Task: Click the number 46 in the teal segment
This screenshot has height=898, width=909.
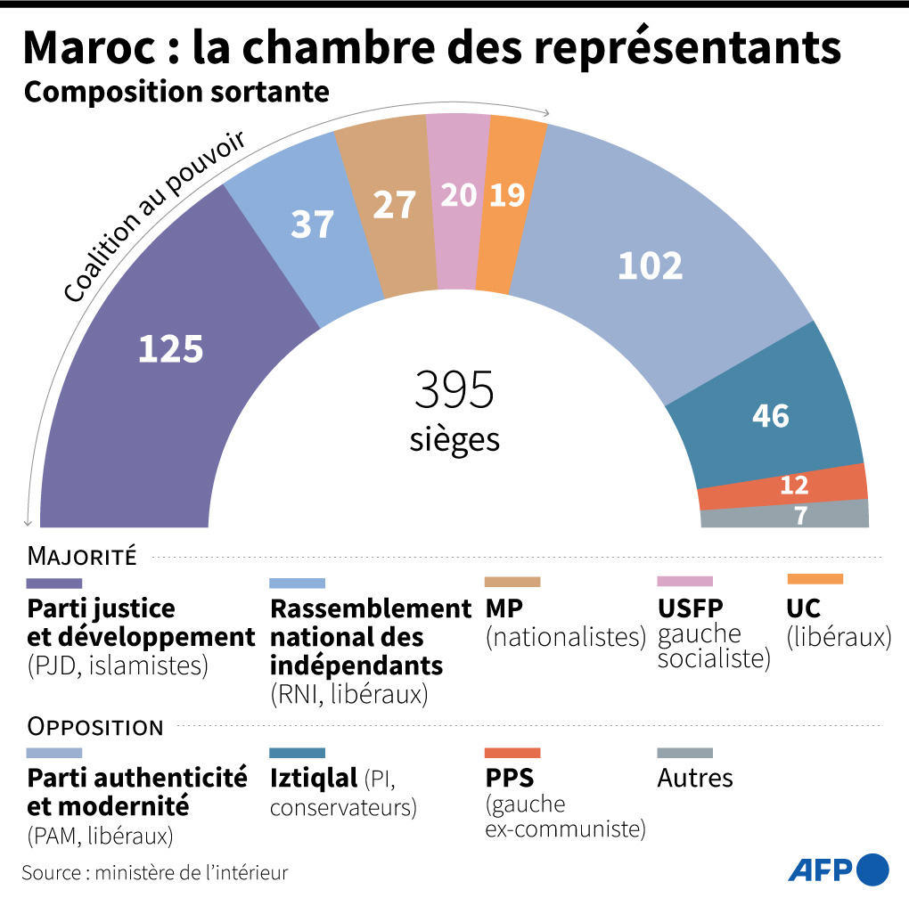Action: [771, 415]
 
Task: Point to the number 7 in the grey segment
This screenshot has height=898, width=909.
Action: [800, 516]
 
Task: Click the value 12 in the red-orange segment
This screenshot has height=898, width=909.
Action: [793, 486]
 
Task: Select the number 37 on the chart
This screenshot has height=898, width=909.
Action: [312, 225]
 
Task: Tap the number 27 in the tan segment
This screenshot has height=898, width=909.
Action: [394, 205]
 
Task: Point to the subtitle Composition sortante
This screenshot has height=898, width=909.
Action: [176, 92]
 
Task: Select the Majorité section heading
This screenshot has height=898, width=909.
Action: [82, 558]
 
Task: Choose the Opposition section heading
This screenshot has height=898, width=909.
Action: [95, 727]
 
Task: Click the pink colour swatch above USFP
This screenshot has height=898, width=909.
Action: [684, 581]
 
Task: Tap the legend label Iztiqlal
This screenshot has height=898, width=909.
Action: [313, 778]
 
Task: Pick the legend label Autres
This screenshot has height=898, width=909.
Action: [695, 778]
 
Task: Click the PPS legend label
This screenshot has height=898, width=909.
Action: [510, 778]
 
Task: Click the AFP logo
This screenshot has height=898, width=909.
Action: [838, 868]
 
